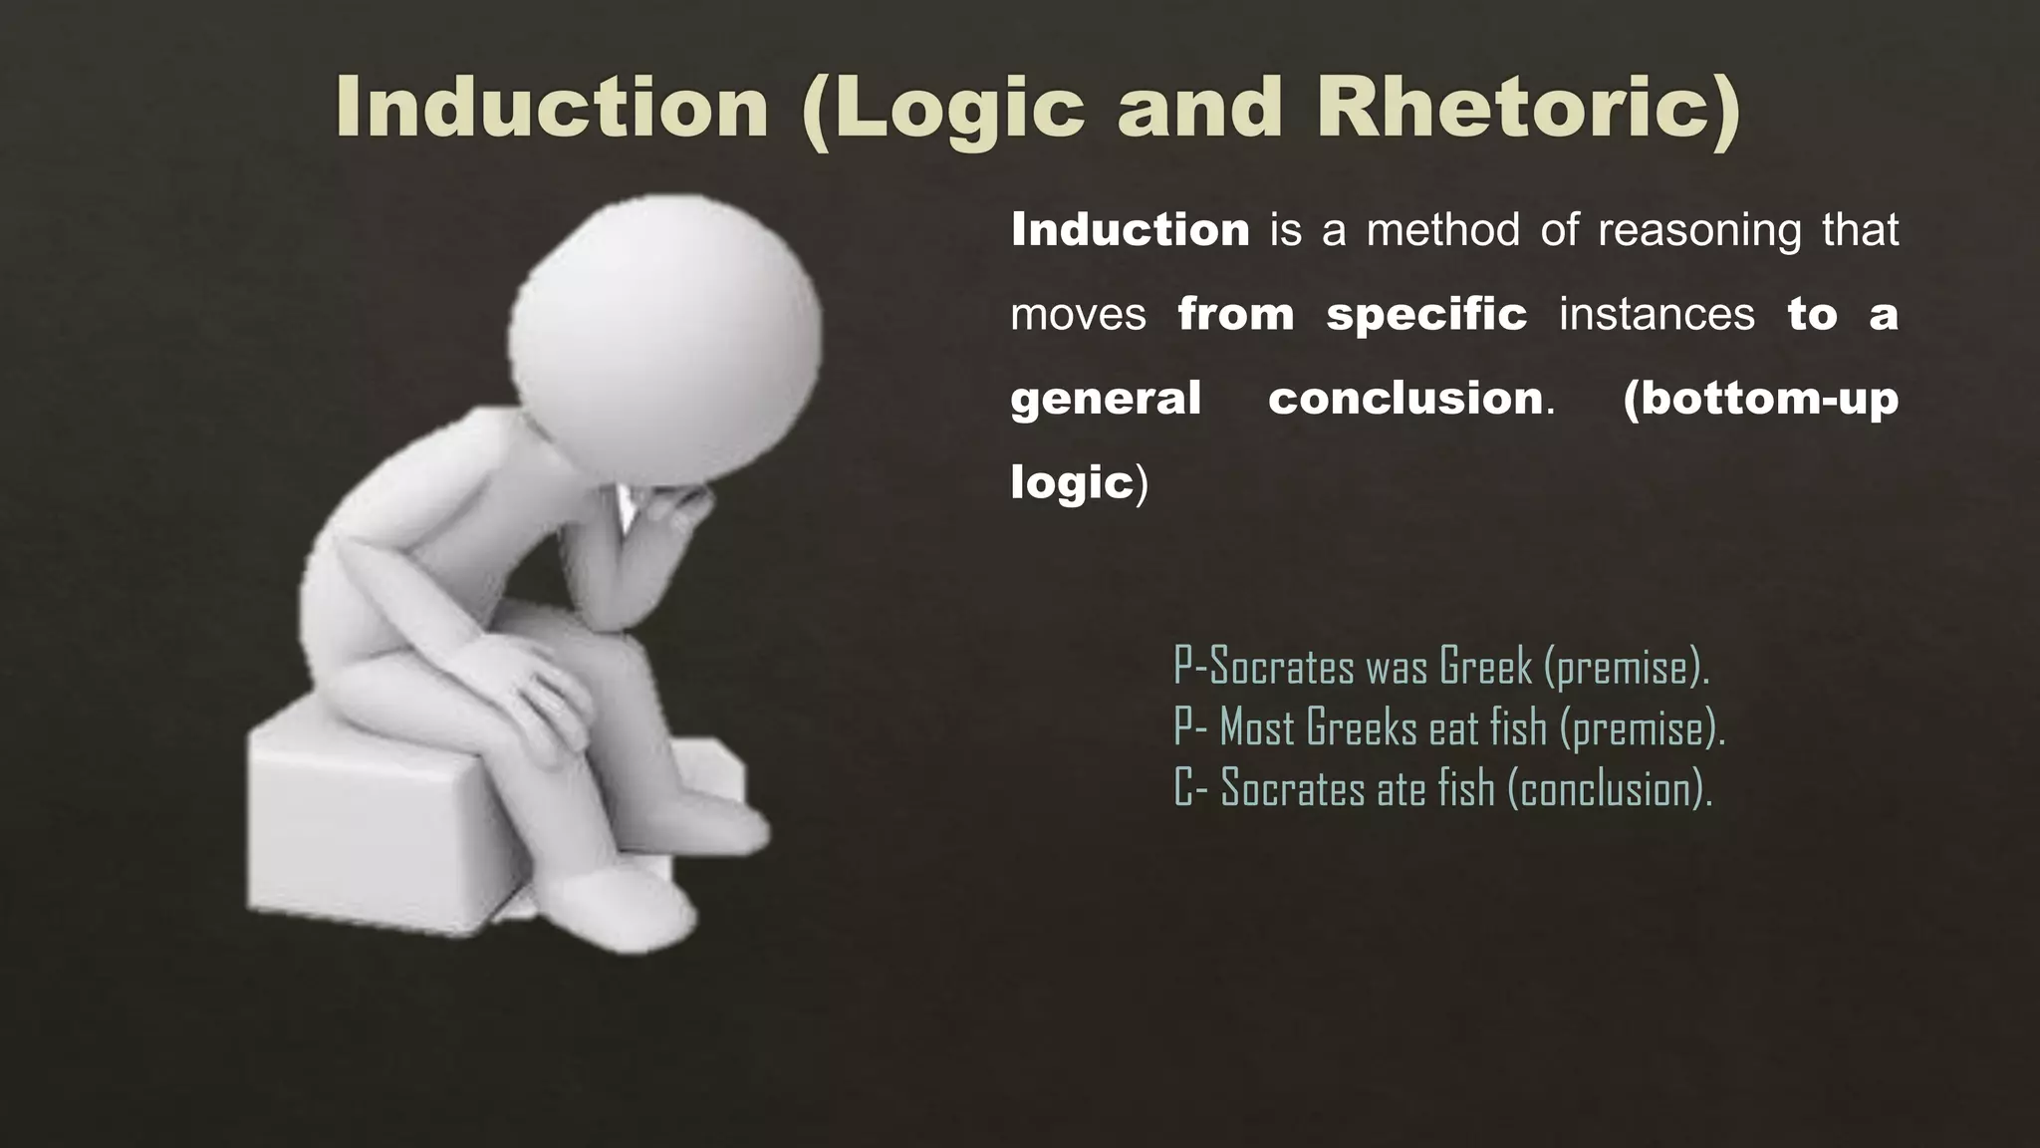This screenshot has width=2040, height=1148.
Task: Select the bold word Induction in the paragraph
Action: pos(1130,230)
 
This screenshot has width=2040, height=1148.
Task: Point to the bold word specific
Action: pos(1425,315)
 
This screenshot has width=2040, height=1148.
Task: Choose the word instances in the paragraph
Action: pos(1656,315)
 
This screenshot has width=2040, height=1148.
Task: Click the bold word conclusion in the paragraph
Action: pos(1405,399)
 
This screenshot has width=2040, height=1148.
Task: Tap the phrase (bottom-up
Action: pos(1760,399)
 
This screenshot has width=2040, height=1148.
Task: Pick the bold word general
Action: pos(1105,399)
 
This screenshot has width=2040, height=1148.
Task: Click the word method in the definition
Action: pos(1442,230)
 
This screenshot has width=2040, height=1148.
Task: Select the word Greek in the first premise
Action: pos(1485,667)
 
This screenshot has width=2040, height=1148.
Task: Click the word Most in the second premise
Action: pos(1257,727)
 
